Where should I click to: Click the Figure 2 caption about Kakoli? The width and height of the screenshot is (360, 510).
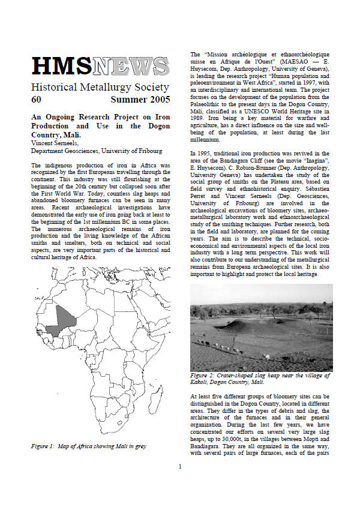(x=259, y=379)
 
